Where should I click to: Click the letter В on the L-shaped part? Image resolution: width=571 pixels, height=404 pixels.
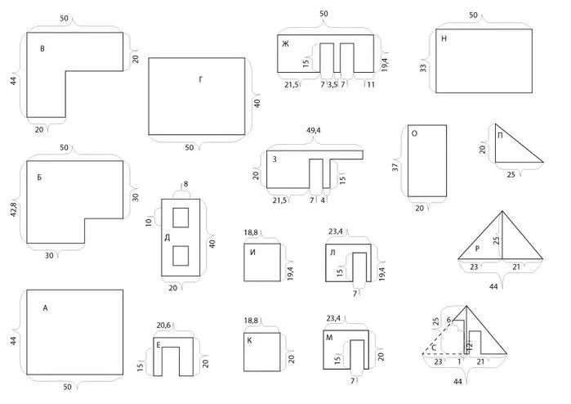click(42, 48)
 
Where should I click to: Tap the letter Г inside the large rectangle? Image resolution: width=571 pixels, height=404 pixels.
click(201, 79)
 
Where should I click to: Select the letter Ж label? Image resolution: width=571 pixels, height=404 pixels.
click(286, 44)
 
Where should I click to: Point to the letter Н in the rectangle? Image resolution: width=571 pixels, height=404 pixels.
click(444, 38)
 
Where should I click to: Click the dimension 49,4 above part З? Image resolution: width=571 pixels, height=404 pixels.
click(313, 130)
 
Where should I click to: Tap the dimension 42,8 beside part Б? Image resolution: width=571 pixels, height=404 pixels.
click(13, 209)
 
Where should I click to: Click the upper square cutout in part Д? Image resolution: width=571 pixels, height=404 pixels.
click(181, 218)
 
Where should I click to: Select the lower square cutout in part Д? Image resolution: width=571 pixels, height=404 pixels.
click(181, 256)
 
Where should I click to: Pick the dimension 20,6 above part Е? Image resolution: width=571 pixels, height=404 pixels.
click(163, 325)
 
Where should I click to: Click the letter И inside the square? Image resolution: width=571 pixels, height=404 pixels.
click(252, 253)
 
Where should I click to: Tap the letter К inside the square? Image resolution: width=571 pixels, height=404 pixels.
click(249, 340)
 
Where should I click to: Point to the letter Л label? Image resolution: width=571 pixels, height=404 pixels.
click(332, 253)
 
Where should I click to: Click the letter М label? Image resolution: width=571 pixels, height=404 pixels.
click(329, 338)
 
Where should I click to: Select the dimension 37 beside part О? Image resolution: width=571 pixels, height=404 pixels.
click(395, 167)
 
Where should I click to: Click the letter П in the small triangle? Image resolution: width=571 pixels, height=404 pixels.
click(500, 136)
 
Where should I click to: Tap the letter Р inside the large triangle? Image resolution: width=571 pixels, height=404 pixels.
click(477, 249)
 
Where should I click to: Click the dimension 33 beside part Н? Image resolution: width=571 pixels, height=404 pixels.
click(423, 68)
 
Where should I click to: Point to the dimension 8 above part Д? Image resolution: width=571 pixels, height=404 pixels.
click(185, 184)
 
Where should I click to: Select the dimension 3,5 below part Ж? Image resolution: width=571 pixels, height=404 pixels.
click(332, 84)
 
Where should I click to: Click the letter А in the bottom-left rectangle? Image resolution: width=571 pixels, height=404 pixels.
click(45, 308)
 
